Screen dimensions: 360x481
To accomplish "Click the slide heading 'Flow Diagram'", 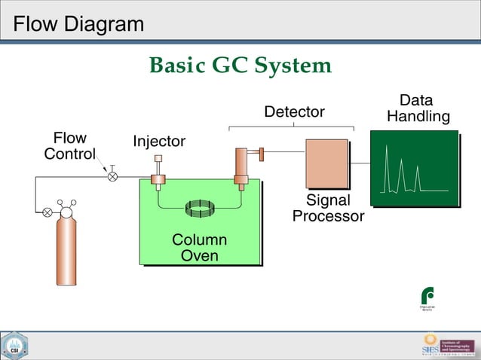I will [x=78, y=24].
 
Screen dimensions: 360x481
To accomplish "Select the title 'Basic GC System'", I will [x=240, y=66].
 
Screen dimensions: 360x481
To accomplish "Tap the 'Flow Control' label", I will [x=69, y=146].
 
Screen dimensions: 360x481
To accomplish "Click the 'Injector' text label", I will [x=159, y=142].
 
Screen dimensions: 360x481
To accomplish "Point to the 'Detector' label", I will [x=293, y=112].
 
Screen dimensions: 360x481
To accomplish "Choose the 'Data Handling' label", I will [x=418, y=108].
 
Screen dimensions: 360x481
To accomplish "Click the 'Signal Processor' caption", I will [x=328, y=209].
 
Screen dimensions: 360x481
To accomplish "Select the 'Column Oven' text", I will [x=200, y=248].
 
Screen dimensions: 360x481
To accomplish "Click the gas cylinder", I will [x=66, y=249].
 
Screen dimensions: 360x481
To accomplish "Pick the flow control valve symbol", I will [x=112, y=176].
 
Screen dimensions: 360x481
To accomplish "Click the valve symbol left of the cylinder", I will [x=47, y=212].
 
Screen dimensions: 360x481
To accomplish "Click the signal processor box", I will [x=326, y=163].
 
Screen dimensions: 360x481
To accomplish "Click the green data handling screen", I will [x=414, y=167].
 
